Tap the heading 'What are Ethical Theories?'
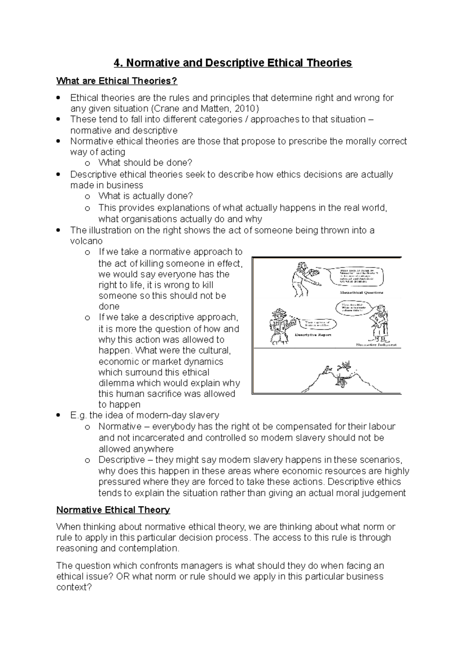click(x=116, y=81)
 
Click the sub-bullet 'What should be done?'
click(x=145, y=163)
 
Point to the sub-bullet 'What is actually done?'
click(x=146, y=196)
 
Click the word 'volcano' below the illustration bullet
click(x=86, y=241)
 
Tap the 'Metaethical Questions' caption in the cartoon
click(x=361, y=292)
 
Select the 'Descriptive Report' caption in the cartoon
click(x=313, y=334)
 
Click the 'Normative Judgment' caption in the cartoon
click(x=376, y=345)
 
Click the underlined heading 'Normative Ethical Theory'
click(x=113, y=510)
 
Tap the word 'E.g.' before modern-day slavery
click(x=78, y=415)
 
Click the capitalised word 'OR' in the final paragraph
click(x=123, y=576)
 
